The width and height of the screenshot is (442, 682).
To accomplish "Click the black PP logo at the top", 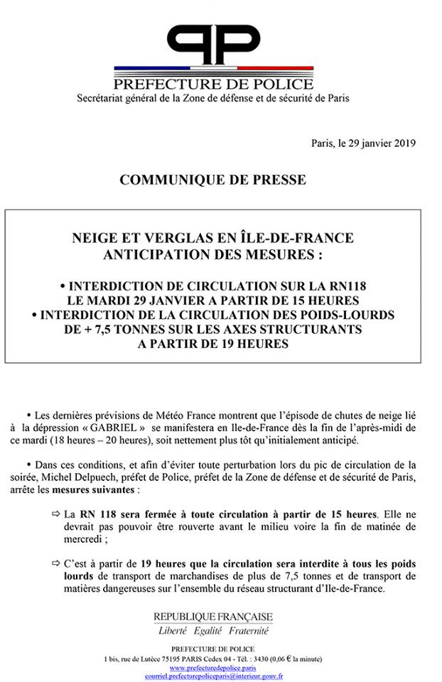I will point(213,43).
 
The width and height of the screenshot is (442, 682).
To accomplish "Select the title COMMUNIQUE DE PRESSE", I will point(213,180).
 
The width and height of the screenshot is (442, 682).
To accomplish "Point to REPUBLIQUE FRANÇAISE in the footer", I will point(213,617).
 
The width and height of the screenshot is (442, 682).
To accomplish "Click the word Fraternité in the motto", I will point(249,630).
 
